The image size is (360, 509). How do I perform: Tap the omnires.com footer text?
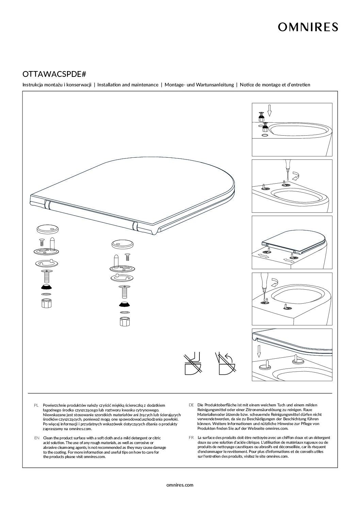[x=180, y=485]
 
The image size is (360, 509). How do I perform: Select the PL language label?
[x=37, y=406]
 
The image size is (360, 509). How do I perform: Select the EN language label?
[x=37, y=438]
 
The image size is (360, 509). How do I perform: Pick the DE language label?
[x=191, y=405]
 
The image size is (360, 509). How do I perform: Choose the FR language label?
[x=191, y=438]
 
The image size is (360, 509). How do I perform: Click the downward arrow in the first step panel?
[x=269, y=110]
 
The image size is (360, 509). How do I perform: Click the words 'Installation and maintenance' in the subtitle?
[x=128, y=85]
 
